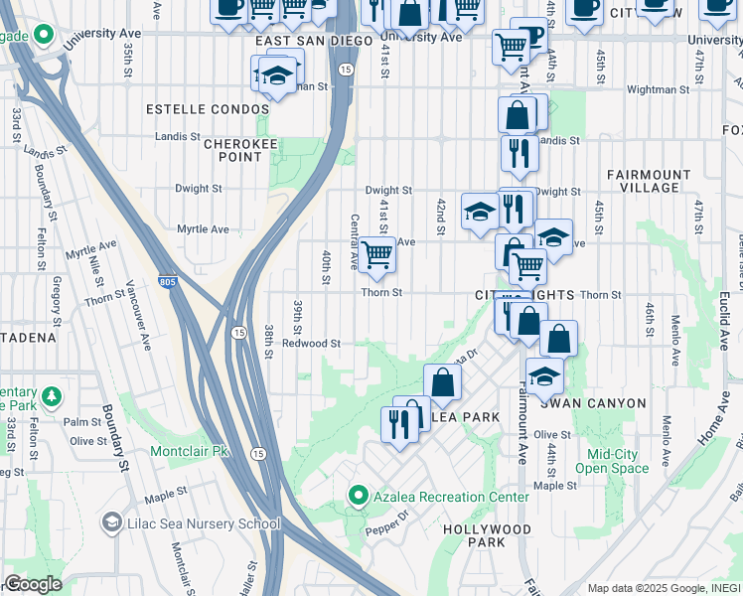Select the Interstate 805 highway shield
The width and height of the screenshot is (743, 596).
168,283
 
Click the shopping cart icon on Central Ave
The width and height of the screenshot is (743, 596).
376,254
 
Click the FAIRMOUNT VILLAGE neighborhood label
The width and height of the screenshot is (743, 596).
649,181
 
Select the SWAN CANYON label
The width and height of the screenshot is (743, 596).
593,403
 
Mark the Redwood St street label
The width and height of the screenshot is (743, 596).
311,344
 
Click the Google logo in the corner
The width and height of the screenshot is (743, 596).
33,584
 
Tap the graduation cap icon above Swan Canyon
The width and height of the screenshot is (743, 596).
543,376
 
